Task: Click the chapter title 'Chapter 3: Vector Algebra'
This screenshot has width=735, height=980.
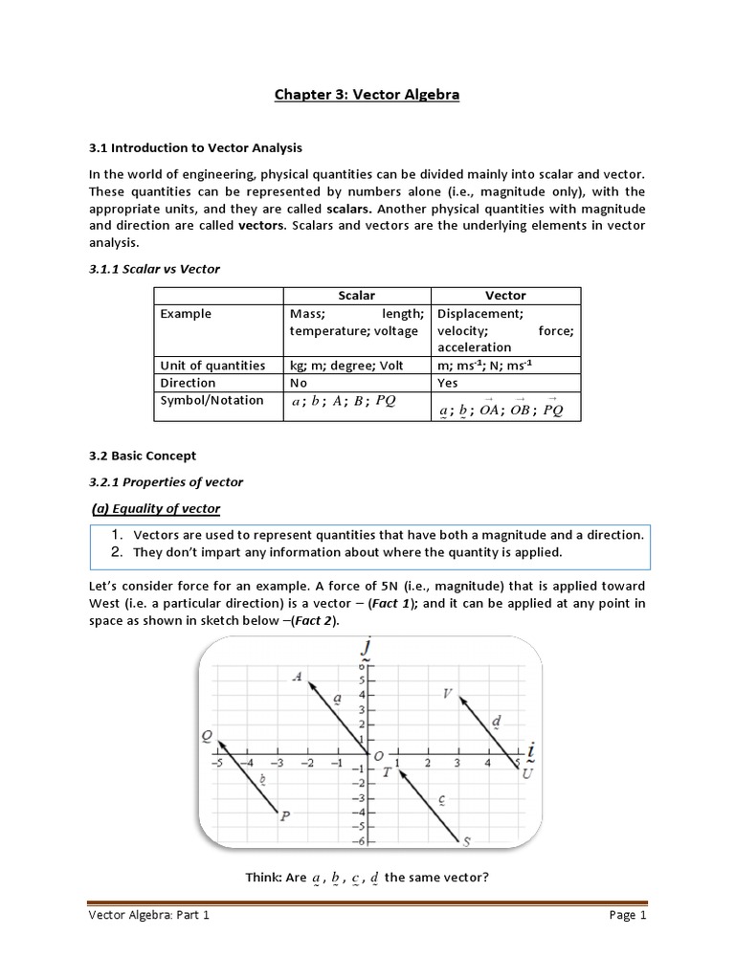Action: coord(367,95)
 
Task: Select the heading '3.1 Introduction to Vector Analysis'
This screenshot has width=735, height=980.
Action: coord(194,147)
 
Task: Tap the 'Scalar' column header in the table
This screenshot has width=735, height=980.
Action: coord(357,296)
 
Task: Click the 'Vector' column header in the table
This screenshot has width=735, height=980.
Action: coord(506,296)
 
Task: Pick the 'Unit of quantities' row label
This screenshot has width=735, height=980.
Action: coord(212,365)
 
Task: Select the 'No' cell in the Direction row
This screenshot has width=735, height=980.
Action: coord(300,382)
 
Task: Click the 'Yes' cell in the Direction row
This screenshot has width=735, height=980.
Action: coord(448,382)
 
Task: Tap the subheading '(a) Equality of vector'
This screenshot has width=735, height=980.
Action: coord(168,507)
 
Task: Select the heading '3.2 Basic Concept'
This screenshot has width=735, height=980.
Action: coord(142,456)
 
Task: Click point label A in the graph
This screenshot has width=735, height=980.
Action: coord(298,677)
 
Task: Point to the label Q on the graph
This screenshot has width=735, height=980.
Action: coord(207,735)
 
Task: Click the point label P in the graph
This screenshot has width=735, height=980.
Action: coord(285,815)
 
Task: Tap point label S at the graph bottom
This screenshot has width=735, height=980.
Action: coord(467,842)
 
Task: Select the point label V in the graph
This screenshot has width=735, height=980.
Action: coord(447,693)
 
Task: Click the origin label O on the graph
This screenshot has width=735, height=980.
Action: coord(379,756)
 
